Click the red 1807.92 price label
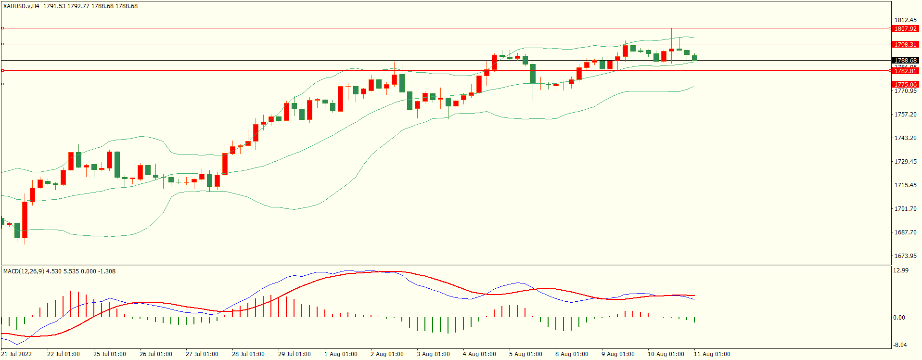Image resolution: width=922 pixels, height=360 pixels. coord(905,28)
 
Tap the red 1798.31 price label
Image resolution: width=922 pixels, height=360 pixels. coord(905,44)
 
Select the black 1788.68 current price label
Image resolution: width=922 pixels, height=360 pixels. coord(905,61)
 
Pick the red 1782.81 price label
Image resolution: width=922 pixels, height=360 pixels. coord(905,71)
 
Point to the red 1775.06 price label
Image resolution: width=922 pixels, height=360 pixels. coord(905,84)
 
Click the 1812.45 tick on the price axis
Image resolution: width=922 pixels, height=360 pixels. coord(905,20)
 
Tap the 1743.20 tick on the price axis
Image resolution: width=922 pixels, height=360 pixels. coord(905,138)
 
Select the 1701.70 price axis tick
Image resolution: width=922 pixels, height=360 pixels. coord(905,209)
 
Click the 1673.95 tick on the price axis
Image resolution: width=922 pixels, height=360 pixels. coord(905,256)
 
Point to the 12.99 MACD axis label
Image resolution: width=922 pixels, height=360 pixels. coord(900,270)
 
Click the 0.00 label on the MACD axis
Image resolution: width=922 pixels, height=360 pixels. coord(899,318)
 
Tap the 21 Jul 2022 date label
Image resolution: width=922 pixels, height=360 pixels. coord(16,354)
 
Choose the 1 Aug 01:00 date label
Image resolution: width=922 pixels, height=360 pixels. coord(341,354)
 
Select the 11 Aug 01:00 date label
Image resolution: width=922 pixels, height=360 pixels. coord(712,354)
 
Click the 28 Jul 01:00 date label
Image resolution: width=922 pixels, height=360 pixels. coord(248,354)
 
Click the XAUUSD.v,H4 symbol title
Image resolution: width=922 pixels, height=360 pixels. coord(21,6)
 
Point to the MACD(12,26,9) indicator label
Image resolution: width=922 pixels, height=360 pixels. coord(24,271)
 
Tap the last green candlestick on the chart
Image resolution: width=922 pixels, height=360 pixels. coord(694,58)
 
